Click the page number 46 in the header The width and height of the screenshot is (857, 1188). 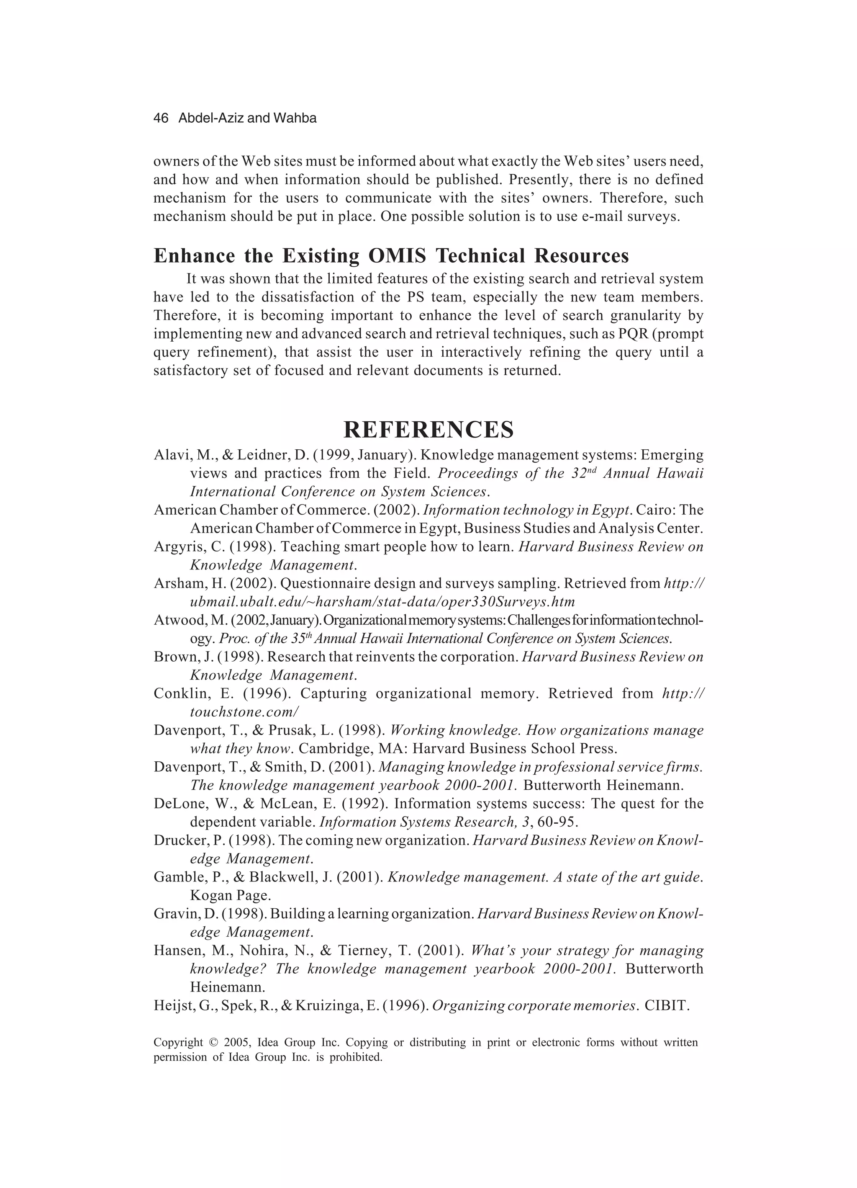tap(161, 119)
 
